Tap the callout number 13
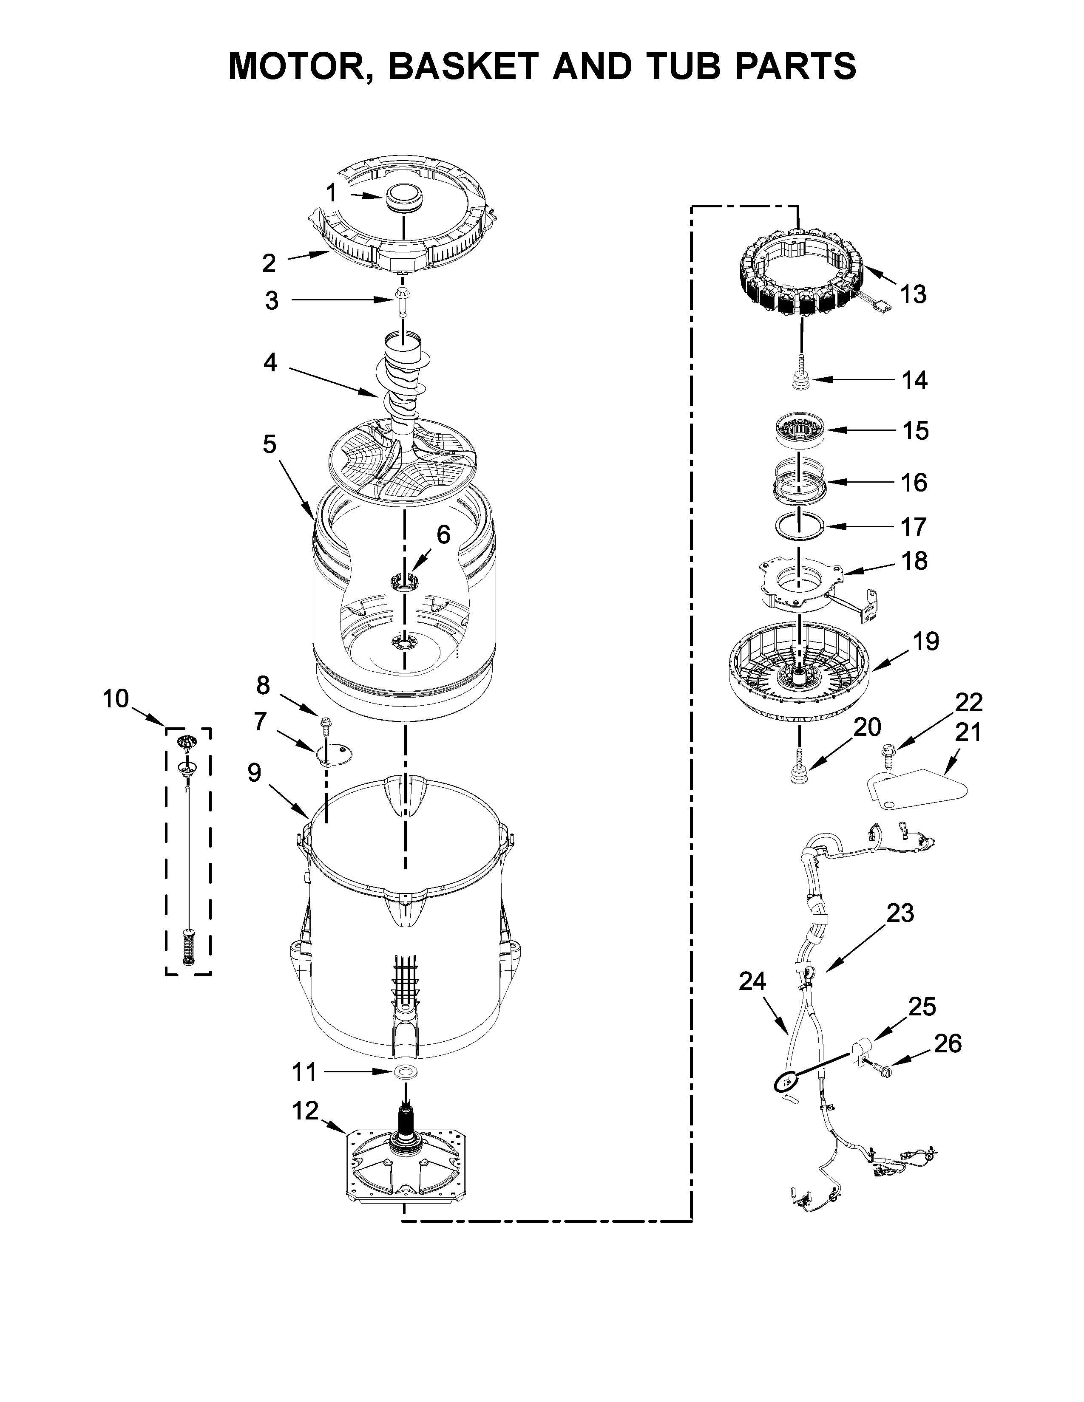(x=913, y=295)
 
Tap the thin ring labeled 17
(x=799, y=526)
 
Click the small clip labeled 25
(x=859, y=1050)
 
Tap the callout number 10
(x=116, y=698)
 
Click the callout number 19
(x=926, y=641)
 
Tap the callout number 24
(x=752, y=981)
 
